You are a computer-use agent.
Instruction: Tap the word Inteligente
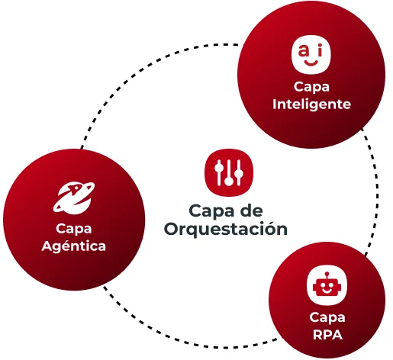pos(311,104)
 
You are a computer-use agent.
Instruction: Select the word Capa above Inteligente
pos(311,87)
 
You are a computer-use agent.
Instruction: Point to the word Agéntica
pos(74,246)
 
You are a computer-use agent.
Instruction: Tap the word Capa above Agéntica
pos(74,228)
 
